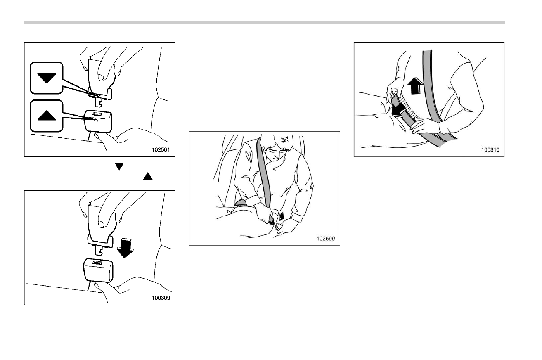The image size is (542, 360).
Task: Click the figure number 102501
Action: click(x=161, y=150)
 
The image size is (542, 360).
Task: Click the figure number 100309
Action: click(x=161, y=298)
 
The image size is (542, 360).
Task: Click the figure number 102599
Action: click(x=326, y=239)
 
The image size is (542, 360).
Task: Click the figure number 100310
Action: click(x=490, y=150)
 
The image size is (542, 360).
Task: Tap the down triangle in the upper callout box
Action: click(x=47, y=78)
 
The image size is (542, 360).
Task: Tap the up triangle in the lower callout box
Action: click(x=47, y=116)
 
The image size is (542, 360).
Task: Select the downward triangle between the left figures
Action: click(x=119, y=166)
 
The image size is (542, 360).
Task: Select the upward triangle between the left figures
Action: click(x=148, y=176)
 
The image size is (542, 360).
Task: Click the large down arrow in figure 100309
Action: click(x=125, y=248)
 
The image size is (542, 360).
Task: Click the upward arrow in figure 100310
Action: click(x=415, y=86)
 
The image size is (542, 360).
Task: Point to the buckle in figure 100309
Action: click(x=98, y=270)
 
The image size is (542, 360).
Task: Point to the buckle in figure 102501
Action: click(x=98, y=121)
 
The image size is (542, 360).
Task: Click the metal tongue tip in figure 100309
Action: click(x=99, y=251)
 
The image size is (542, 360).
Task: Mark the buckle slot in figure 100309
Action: click(x=97, y=263)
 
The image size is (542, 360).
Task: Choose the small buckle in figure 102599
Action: click(x=278, y=226)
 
